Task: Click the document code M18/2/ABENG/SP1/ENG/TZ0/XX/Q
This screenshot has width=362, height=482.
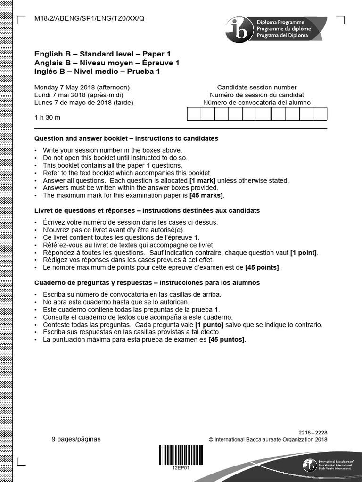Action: [90, 19]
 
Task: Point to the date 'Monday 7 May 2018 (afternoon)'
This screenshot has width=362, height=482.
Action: [82, 88]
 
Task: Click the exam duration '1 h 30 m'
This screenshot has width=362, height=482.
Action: [48, 117]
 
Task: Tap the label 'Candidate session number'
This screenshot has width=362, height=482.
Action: [257, 88]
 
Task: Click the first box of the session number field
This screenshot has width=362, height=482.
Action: [194, 114]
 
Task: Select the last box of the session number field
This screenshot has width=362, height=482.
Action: [320, 114]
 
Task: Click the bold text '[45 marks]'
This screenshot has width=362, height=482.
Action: [206, 195]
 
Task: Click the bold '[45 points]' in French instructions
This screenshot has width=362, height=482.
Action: [263, 268]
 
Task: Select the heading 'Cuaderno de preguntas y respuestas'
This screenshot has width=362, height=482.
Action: [95, 283]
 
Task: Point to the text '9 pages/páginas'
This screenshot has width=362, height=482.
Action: [76, 439]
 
